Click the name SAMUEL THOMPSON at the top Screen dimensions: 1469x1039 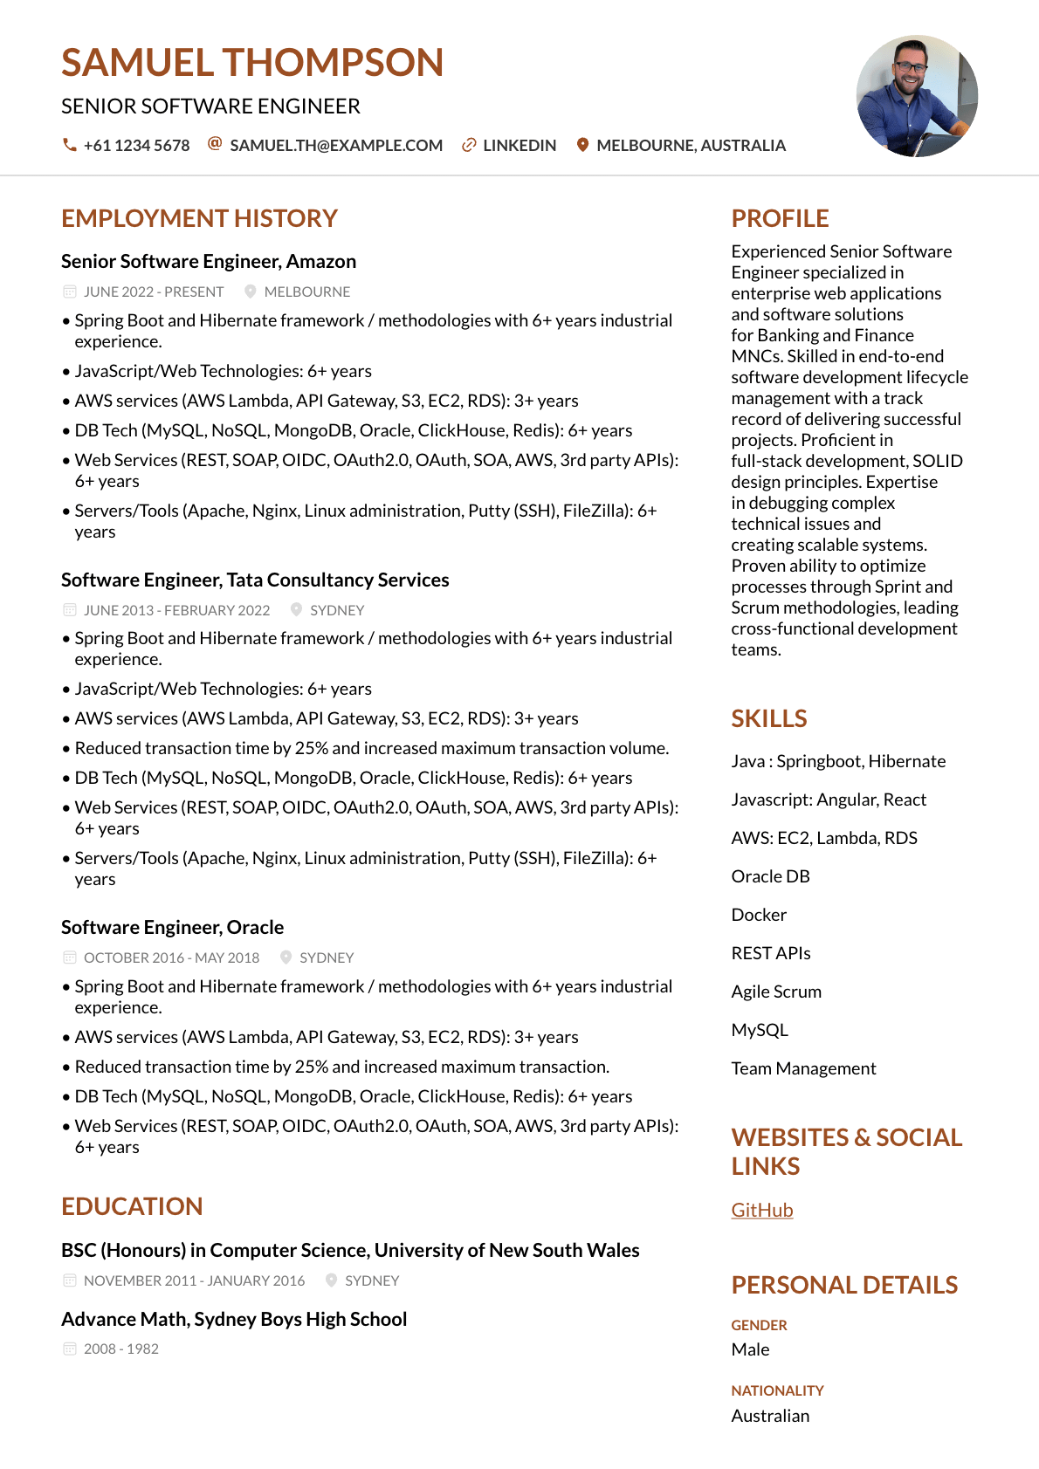[252, 63]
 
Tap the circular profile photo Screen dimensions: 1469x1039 [917, 96]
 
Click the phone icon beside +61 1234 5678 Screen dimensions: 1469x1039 [69, 145]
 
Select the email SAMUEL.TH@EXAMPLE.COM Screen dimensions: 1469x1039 [336, 146]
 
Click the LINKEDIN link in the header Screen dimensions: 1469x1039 [519, 146]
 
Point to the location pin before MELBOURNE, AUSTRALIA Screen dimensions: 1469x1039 [582, 145]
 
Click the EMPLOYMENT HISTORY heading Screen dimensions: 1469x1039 [199, 218]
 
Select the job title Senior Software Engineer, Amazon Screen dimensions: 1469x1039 [209, 262]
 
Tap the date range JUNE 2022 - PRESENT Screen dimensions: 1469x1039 [154, 292]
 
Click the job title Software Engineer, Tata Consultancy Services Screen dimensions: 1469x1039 [255, 580]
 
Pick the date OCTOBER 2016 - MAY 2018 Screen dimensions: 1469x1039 [171, 958]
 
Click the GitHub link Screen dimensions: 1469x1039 [762, 1210]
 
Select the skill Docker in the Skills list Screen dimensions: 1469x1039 [759, 915]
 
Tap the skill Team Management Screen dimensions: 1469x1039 [803, 1068]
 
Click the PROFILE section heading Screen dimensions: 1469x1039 [780, 218]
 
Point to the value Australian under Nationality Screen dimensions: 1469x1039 [770, 1416]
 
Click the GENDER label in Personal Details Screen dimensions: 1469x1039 [759, 1325]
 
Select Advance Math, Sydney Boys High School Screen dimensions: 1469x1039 [234, 1320]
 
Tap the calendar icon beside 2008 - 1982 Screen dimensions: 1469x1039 [70, 1349]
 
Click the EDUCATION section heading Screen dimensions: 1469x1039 [132, 1206]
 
